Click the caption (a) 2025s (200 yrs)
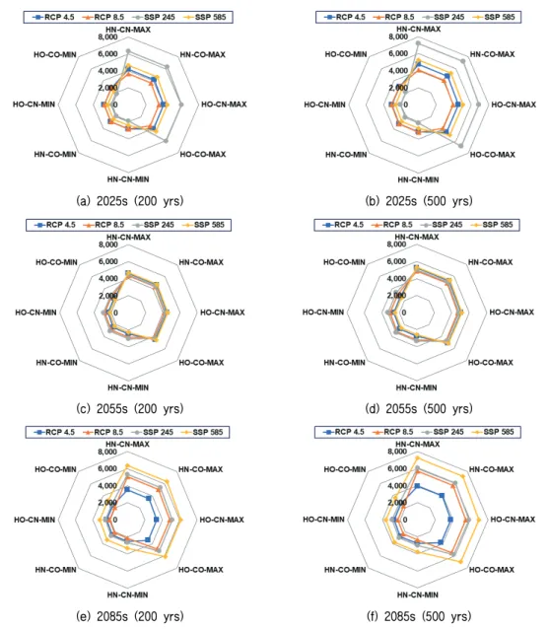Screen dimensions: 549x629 129,200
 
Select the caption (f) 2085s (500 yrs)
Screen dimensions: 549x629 419,616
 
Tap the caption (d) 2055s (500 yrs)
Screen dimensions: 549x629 419,408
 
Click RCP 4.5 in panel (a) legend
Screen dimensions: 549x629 58,17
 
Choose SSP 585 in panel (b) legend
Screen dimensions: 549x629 500,17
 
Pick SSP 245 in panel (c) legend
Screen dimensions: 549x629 159,225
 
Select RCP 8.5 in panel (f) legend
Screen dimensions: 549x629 398,432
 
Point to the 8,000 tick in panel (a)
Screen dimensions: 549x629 108,37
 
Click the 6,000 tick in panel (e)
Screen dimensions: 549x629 107,468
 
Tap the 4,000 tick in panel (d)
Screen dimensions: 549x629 396,278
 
